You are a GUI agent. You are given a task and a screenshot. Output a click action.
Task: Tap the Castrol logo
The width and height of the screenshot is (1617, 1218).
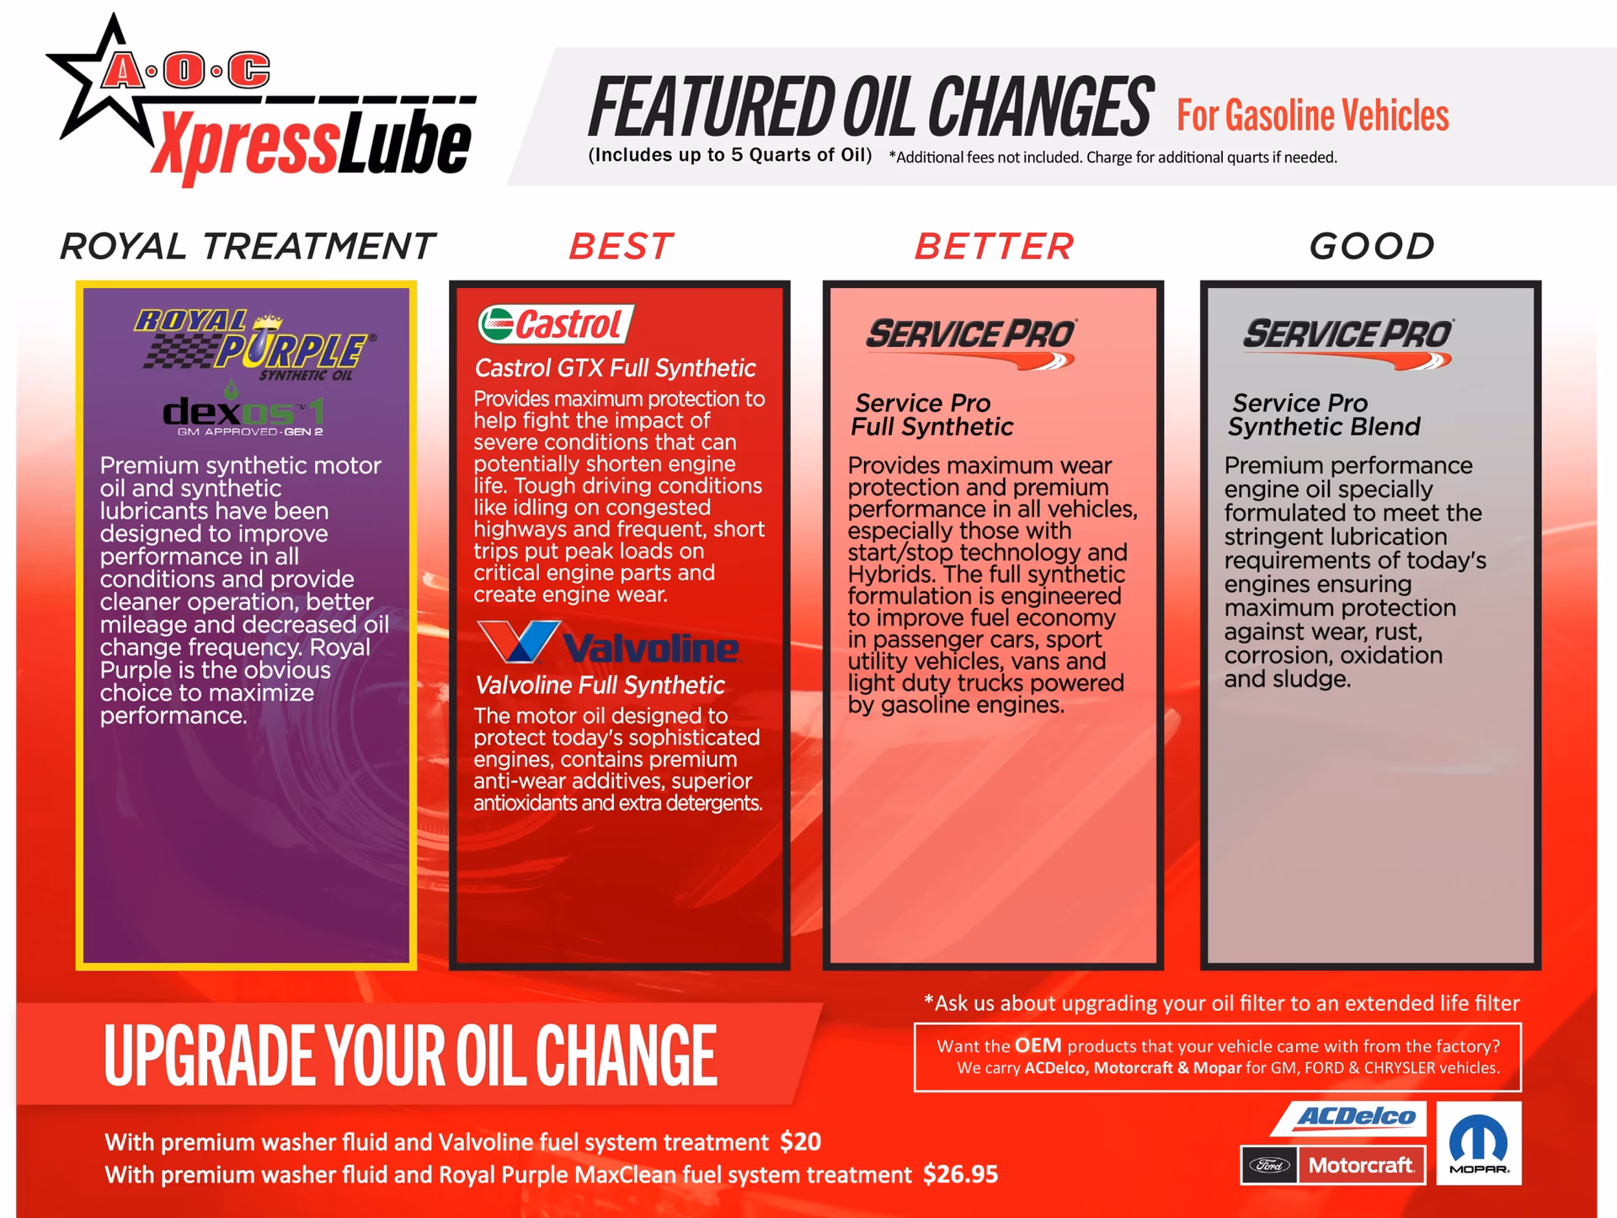point(556,324)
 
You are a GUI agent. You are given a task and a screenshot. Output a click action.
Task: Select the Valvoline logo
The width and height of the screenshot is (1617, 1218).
point(607,644)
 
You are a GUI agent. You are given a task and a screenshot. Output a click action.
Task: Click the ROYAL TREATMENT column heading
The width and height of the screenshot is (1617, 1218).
point(248,247)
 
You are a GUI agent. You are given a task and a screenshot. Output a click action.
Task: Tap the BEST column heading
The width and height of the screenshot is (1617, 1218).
point(621,247)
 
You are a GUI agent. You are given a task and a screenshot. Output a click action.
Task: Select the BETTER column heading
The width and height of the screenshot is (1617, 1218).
point(995,247)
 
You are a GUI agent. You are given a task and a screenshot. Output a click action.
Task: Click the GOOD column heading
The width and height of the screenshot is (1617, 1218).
point(1372,247)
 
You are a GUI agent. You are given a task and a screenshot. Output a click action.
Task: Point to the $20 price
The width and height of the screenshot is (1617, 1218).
point(800,1142)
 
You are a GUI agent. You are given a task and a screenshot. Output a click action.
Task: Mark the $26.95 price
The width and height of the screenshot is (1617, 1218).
point(960,1174)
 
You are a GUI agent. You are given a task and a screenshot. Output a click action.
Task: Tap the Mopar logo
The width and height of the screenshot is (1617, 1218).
point(1479,1143)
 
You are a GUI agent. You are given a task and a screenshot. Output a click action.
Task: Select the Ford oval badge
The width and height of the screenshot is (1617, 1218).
point(1269,1166)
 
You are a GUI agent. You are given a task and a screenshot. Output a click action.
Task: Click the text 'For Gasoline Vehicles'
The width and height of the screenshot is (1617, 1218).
point(1313,115)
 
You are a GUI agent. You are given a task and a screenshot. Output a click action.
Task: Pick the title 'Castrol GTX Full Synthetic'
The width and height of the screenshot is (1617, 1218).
point(616,368)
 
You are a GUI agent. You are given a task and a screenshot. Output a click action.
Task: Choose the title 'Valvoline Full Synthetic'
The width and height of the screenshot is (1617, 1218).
point(600,685)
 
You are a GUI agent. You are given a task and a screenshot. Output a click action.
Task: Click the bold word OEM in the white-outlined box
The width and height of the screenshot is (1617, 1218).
point(1038,1045)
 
